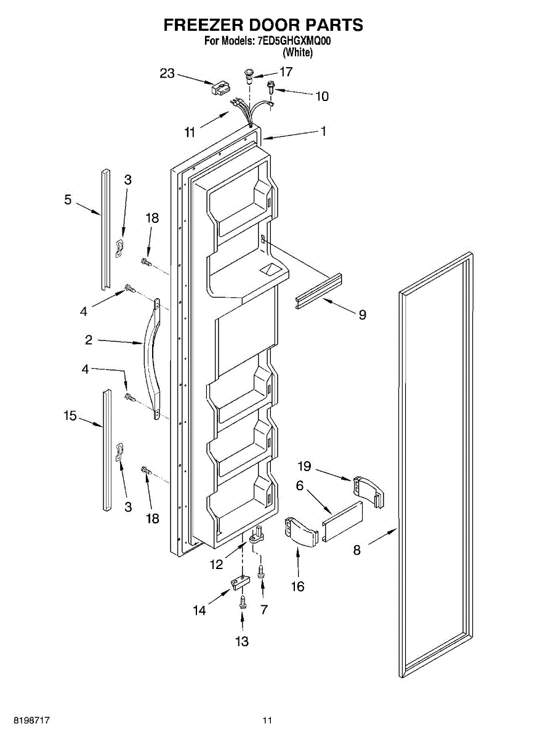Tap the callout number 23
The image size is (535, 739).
167,73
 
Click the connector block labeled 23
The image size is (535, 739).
219,89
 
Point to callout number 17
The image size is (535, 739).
286,72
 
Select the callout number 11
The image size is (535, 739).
190,131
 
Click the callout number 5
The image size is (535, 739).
68,200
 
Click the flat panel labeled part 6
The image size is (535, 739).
342,521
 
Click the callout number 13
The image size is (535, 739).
242,642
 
